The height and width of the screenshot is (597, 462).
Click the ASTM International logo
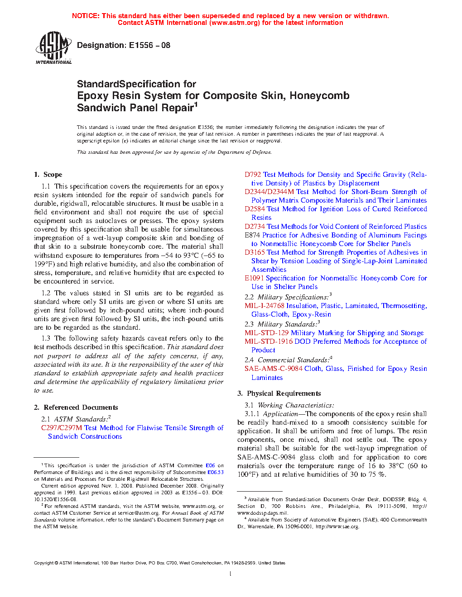click(x=53, y=47)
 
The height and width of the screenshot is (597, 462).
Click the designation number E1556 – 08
click(x=149, y=45)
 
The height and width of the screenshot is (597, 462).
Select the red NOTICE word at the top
click(x=86, y=16)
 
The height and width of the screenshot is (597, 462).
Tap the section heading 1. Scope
click(x=48, y=175)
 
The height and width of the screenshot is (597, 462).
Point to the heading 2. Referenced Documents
click(x=76, y=407)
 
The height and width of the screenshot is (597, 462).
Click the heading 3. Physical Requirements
click(x=279, y=393)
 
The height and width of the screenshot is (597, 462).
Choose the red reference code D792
click(x=253, y=175)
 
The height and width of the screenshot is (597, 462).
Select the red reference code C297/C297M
click(x=62, y=428)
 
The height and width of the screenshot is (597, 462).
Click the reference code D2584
click(x=255, y=209)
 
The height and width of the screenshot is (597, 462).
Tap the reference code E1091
click(x=254, y=278)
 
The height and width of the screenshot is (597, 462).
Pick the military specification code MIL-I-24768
click(x=264, y=306)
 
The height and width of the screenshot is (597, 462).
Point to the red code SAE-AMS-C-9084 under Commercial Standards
click(x=273, y=369)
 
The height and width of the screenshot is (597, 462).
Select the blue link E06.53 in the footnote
click(x=216, y=472)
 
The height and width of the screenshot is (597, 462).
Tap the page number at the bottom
click(x=231, y=574)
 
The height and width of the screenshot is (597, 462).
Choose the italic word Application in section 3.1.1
click(x=280, y=414)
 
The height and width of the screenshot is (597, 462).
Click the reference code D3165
click(x=255, y=252)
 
